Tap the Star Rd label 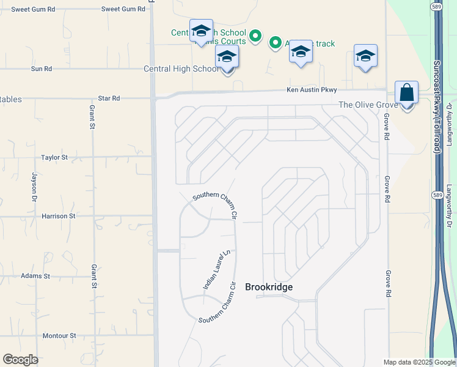pyautogui.click(x=109, y=98)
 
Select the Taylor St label pyautogui.click(x=54, y=157)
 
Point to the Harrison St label pyautogui.click(x=58, y=216)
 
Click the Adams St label pyautogui.click(x=35, y=276)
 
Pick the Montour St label pyautogui.click(x=59, y=336)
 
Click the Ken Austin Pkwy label pyautogui.click(x=312, y=90)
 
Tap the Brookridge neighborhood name pyautogui.click(x=269, y=287)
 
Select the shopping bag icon pyautogui.click(x=406, y=94)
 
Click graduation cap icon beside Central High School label pyautogui.click(x=227, y=57)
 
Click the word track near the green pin pyautogui.click(x=326, y=43)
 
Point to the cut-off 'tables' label pyautogui.click(x=11, y=99)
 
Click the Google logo pyautogui.click(x=20, y=360)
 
